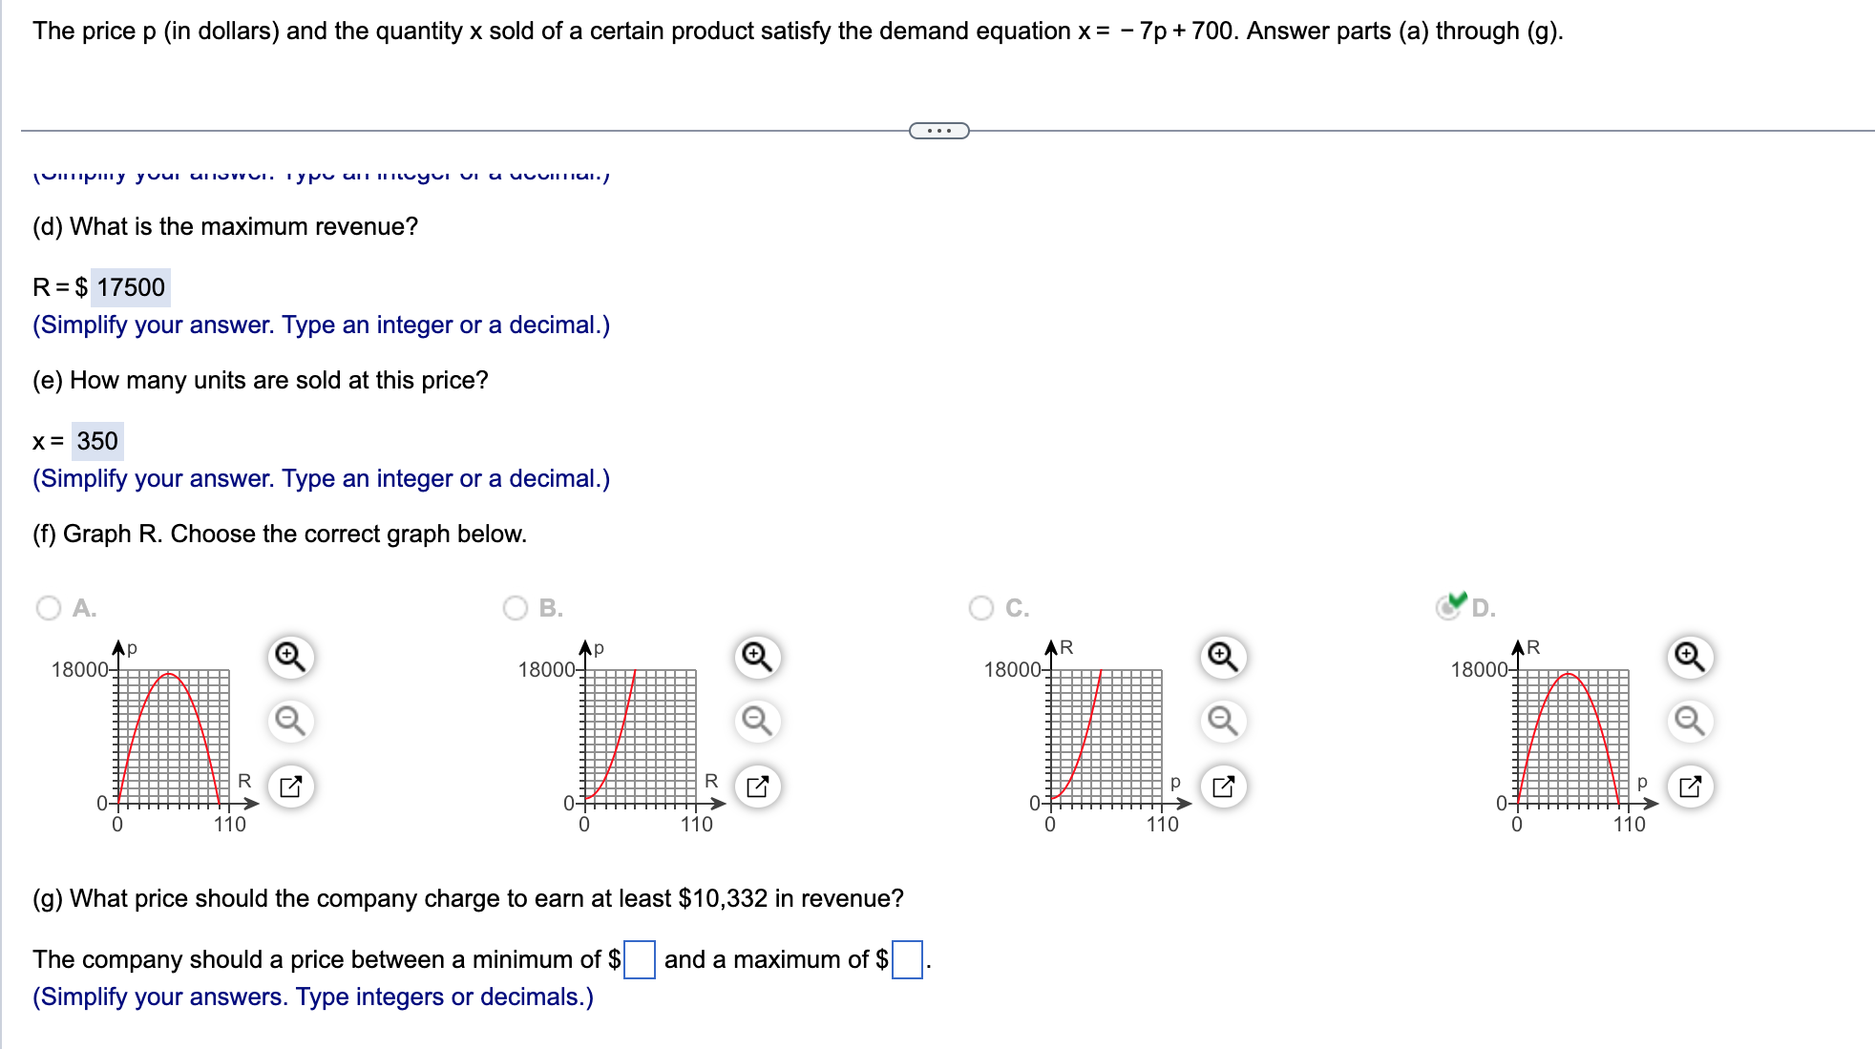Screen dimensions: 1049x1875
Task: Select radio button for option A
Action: [x=49, y=608]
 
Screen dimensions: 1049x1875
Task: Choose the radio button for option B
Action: [x=516, y=608]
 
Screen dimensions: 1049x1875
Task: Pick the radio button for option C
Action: [x=981, y=608]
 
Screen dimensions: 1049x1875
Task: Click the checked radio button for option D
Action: [x=1448, y=608]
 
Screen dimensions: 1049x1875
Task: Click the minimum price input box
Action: [x=640, y=959]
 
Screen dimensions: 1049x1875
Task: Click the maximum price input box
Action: [x=907, y=959]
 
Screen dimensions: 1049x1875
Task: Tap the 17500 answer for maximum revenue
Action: [x=131, y=287]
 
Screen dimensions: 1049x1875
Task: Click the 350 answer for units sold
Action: [x=97, y=441]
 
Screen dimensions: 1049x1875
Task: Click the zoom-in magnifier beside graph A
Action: [x=290, y=657]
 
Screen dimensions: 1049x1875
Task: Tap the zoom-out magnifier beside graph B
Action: [x=757, y=721]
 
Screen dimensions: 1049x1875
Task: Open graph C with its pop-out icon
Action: [x=1223, y=787]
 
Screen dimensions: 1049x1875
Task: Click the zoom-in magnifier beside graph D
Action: [x=1690, y=657]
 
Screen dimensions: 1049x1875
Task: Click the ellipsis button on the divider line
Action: [x=939, y=131]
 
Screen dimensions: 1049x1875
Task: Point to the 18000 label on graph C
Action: [x=1012, y=670]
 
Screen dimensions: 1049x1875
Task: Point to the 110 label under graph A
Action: [x=230, y=825]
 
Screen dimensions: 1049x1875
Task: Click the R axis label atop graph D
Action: [x=1533, y=647]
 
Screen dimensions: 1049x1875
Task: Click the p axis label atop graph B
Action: [x=599, y=648]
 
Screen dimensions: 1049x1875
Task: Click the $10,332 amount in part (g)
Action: [x=723, y=898]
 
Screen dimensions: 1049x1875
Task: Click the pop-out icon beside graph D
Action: [x=1690, y=787]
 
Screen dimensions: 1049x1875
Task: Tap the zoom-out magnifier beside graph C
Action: [x=1223, y=721]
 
